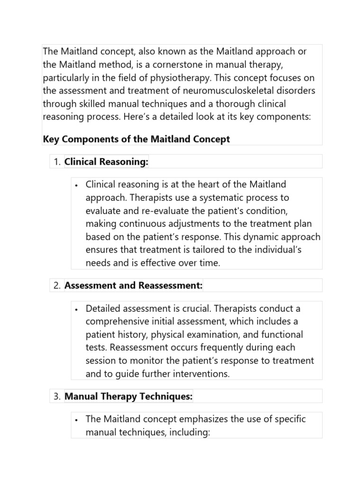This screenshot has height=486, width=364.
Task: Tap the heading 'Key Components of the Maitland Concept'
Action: click(136, 139)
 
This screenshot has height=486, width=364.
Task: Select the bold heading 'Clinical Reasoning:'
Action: click(106, 162)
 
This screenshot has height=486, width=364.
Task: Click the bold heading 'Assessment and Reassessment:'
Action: click(134, 286)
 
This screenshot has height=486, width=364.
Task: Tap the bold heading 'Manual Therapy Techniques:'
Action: click(128, 397)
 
